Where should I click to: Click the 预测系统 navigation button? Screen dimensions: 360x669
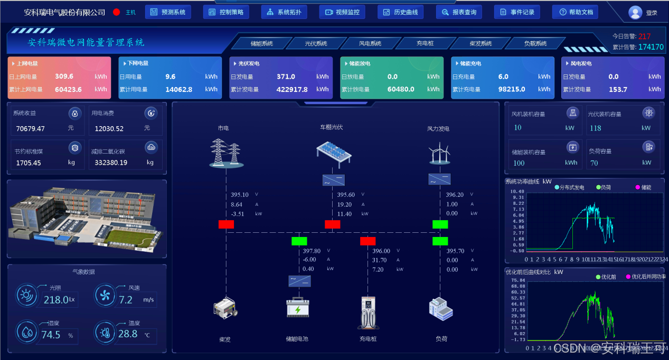tap(167, 12)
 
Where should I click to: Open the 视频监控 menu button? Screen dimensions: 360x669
tap(342, 12)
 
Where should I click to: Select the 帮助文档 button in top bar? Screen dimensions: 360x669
tap(575, 12)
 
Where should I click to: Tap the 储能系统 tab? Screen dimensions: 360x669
tap(261, 43)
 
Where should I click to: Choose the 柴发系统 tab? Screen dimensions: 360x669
tap(480, 43)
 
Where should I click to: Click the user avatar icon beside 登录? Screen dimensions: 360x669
tap(635, 12)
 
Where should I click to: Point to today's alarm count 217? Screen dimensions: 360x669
tap(644, 36)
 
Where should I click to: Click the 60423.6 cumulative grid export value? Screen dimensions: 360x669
tap(68, 89)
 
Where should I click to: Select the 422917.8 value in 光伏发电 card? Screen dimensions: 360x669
tap(292, 89)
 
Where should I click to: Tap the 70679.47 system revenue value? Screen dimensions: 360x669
tap(31, 128)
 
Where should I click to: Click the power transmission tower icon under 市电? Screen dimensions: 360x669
tap(226, 153)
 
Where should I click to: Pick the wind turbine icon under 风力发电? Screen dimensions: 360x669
tap(439, 154)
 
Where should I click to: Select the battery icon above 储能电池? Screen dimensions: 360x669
tap(298, 308)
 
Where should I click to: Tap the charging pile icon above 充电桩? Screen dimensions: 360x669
tap(368, 312)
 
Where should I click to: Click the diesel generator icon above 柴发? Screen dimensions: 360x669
tap(226, 308)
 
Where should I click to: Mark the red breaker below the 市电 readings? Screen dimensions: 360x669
tap(226, 224)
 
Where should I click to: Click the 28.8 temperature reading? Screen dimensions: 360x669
tap(128, 334)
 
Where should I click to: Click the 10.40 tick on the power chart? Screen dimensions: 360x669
tap(517, 192)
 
